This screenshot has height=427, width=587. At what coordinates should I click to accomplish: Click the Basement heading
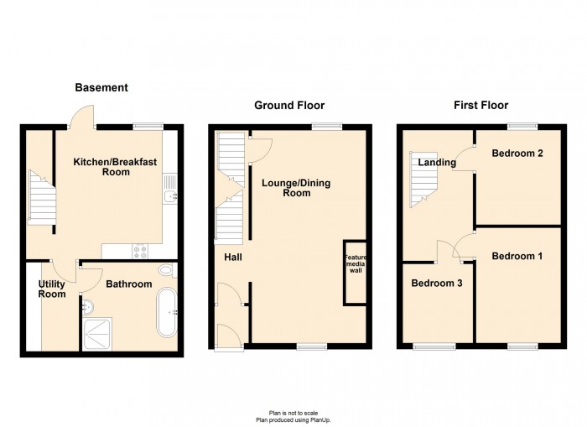coord(101,87)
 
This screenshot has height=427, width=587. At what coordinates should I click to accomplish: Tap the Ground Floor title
coord(289,105)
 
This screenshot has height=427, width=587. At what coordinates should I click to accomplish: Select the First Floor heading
coord(481,105)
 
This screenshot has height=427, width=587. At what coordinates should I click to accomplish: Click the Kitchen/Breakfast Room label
coord(116,167)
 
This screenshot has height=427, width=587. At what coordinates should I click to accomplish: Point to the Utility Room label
coord(52,289)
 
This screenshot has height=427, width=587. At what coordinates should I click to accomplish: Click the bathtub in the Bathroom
coord(167,312)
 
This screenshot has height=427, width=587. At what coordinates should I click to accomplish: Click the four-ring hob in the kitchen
coord(141,252)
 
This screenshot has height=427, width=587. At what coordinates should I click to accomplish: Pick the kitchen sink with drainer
coord(170,189)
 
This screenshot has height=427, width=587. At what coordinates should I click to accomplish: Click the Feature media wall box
coord(355,273)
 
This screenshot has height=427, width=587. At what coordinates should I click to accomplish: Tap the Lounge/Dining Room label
coord(296,188)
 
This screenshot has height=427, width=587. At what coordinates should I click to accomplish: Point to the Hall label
coord(233,258)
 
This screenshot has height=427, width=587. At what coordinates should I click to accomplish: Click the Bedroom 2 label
coord(517,154)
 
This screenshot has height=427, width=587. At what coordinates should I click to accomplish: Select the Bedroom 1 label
coord(517,256)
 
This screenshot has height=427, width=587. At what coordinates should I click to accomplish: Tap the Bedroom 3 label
coord(437,284)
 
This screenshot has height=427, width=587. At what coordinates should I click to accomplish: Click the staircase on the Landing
coord(423,180)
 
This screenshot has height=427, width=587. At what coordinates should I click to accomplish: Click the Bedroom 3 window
coord(434,346)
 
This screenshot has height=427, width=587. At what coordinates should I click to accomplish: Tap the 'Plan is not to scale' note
coord(293,413)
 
